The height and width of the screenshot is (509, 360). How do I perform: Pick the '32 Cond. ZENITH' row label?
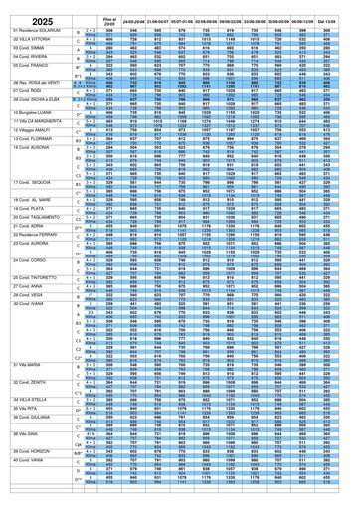[29, 435]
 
